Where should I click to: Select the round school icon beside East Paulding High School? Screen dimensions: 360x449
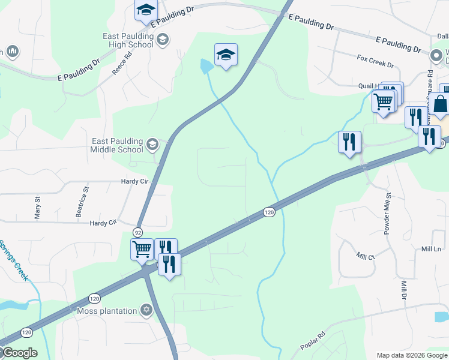click(162, 40)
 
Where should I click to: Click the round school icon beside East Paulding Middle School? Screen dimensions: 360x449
click(152, 144)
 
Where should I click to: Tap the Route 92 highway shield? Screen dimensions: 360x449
click(138, 232)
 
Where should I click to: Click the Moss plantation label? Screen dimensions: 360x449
click(108, 311)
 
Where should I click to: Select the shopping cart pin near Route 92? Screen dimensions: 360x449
click(142, 248)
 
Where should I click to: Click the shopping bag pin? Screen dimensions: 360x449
click(441, 103)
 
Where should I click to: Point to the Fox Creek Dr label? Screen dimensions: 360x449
click(375, 62)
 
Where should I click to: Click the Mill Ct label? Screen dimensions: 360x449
click(365, 256)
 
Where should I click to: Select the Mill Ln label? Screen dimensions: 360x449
click(431, 248)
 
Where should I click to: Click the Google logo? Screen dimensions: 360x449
click(19, 353)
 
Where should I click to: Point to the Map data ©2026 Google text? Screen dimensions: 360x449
click(412, 355)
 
